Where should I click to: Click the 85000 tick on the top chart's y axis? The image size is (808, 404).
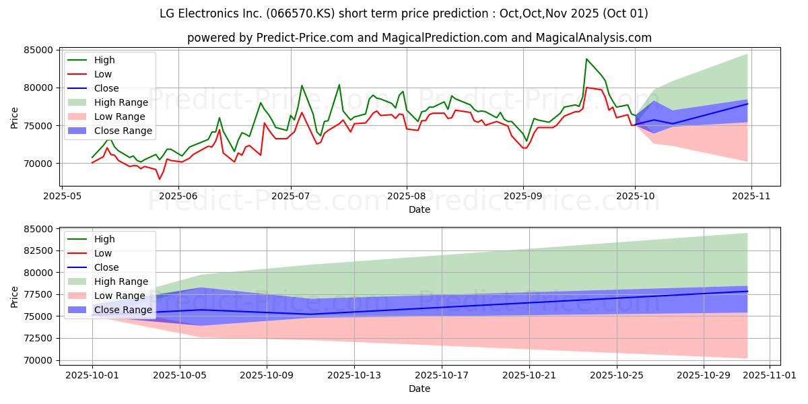click(x=38, y=50)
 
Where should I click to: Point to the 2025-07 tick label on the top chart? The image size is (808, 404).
click(x=290, y=196)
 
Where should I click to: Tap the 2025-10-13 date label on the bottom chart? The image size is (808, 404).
click(x=354, y=375)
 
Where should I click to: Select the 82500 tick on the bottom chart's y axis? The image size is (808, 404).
click(x=38, y=250)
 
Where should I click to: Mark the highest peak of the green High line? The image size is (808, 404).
click(x=586, y=59)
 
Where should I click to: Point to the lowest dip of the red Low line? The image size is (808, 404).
click(x=159, y=179)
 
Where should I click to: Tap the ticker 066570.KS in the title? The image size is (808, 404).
click(x=300, y=13)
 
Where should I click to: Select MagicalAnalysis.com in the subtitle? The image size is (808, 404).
click(x=594, y=38)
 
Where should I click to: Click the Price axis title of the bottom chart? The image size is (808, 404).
click(x=14, y=297)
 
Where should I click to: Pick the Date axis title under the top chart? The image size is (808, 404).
click(x=419, y=209)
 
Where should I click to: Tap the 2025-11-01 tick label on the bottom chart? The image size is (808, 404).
click(x=770, y=375)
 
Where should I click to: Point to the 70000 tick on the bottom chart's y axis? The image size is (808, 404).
click(x=38, y=360)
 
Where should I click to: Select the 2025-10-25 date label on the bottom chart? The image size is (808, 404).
click(x=617, y=375)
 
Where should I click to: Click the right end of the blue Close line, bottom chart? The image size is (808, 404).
click(x=747, y=291)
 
